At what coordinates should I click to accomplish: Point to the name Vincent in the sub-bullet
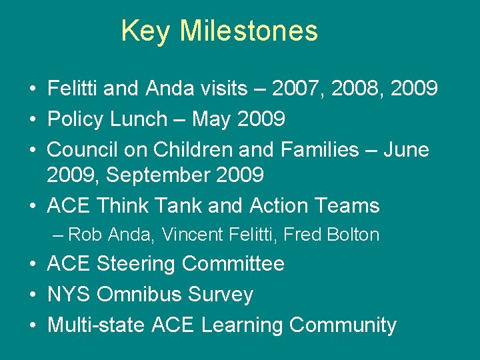[x=194, y=235]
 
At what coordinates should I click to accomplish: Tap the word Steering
[x=136, y=264]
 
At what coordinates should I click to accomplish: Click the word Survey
[x=221, y=295]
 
